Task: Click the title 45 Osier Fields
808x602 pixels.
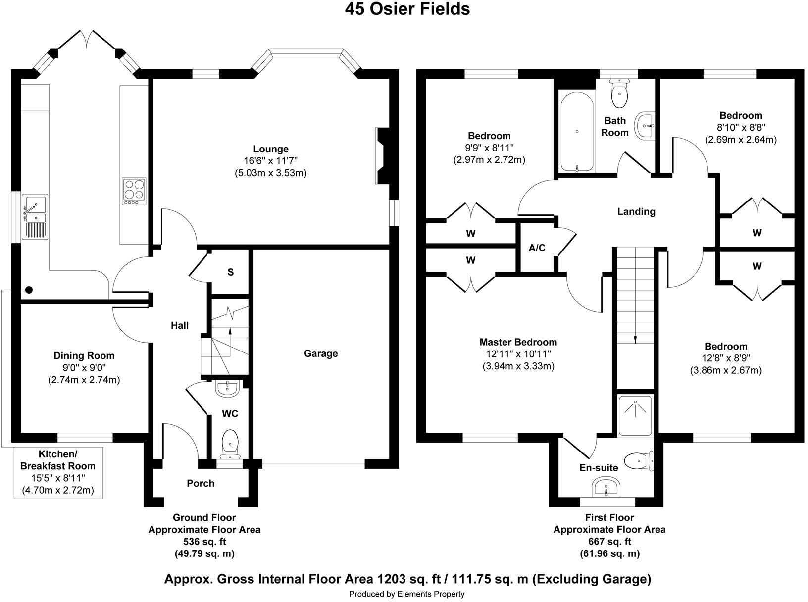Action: pyautogui.click(x=407, y=9)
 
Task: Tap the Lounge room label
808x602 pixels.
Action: pyautogui.click(x=270, y=149)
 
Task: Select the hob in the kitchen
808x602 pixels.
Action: pyautogui.click(x=134, y=192)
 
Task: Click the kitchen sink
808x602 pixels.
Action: pyautogui.click(x=35, y=216)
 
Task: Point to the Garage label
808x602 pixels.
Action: pyautogui.click(x=321, y=353)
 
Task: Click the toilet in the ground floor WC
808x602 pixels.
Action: pyautogui.click(x=230, y=442)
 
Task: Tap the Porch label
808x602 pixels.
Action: pyautogui.click(x=201, y=483)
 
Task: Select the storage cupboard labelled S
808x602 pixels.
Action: pyautogui.click(x=230, y=272)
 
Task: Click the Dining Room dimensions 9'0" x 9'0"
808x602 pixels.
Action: pyautogui.click(x=84, y=368)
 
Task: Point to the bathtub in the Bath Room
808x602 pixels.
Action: pyautogui.click(x=577, y=131)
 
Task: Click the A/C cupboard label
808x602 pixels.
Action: pyautogui.click(x=537, y=248)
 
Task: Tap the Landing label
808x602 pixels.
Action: pyautogui.click(x=636, y=211)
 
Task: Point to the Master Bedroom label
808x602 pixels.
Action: pyautogui.click(x=518, y=342)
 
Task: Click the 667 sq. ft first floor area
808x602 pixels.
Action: pyautogui.click(x=609, y=541)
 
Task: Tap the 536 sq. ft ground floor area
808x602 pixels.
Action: pyautogui.click(x=204, y=541)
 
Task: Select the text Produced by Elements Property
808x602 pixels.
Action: pyautogui.click(x=406, y=594)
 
